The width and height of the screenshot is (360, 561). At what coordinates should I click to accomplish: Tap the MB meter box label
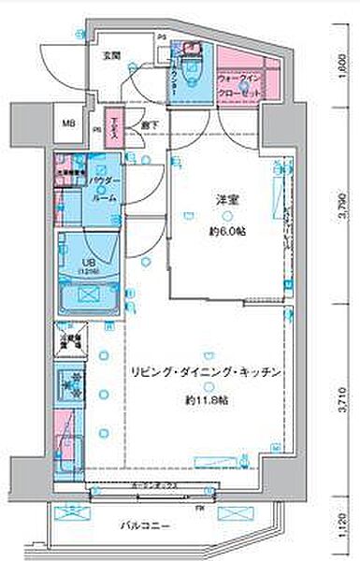click(68, 122)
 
